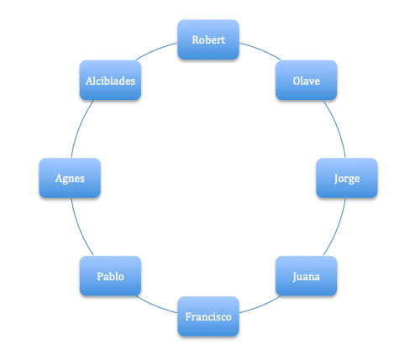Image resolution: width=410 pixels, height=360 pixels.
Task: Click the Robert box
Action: click(x=208, y=39)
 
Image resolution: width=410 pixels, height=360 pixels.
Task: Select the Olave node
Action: click(x=306, y=80)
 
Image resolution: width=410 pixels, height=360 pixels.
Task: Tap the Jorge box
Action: click(x=347, y=178)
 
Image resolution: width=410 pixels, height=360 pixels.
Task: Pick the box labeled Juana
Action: click(x=306, y=276)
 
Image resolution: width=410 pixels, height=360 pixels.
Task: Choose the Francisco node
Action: click(x=208, y=316)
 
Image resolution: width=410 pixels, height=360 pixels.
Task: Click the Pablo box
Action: click(x=110, y=276)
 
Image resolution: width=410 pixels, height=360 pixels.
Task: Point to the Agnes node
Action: click(x=70, y=178)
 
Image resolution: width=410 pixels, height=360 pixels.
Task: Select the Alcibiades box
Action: click(x=110, y=80)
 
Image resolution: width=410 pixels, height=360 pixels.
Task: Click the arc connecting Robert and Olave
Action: click(x=260, y=50)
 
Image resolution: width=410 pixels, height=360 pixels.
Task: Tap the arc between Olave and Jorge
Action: click(x=337, y=128)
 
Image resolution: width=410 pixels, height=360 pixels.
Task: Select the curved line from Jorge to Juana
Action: click(x=337, y=228)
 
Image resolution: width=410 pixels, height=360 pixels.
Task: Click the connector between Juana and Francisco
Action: click(x=260, y=305)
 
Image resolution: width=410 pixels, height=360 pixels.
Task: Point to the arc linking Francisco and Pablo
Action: click(x=155, y=305)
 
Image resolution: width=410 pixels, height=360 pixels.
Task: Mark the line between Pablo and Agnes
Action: click(x=80, y=228)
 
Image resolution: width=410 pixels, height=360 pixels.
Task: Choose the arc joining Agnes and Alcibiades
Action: click(x=80, y=128)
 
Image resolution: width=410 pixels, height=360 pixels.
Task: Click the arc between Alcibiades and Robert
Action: click(x=155, y=50)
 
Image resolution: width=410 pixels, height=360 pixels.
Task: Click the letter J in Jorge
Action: click(x=336, y=179)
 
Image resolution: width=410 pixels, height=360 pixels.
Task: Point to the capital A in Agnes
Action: click(x=59, y=178)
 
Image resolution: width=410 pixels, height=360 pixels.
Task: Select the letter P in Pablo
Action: click(x=100, y=276)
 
